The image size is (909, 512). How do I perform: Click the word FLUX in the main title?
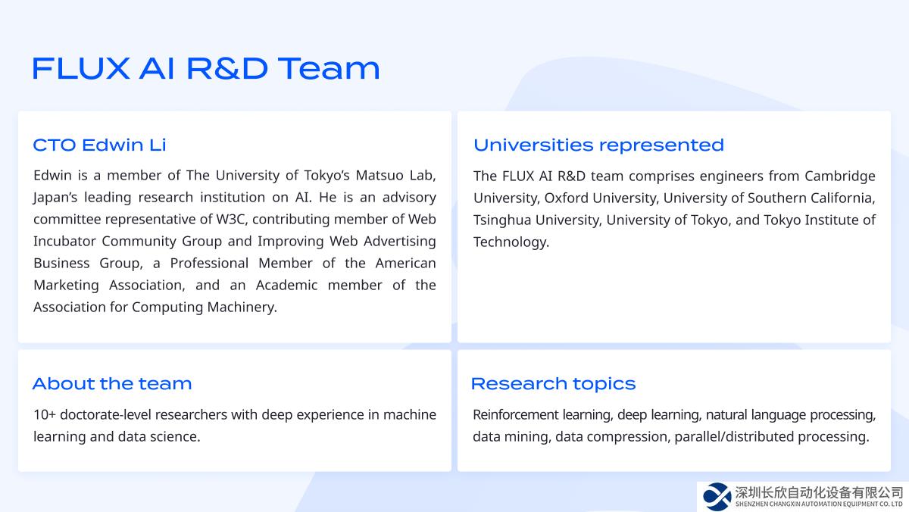click(x=81, y=69)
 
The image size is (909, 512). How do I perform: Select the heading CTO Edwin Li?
click(x=99, y=145)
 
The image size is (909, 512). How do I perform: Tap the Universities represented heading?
click(x=598, y=145)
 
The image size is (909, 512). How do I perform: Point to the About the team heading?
click(x=112, y=383)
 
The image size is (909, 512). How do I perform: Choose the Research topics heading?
click(x=553, y=384)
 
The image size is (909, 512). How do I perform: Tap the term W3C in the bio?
click(x=230, y=219)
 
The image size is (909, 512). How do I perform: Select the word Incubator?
click(x=64, y=241)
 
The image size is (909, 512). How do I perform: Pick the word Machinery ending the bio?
click(x=242, y=307)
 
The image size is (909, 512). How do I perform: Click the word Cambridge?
click(x=839, y=176)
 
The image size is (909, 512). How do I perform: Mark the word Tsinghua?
click(x=502, y=220)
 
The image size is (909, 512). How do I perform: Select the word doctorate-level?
click(x=105, y=414)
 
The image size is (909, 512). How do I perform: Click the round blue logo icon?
click(x=717, y=497)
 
